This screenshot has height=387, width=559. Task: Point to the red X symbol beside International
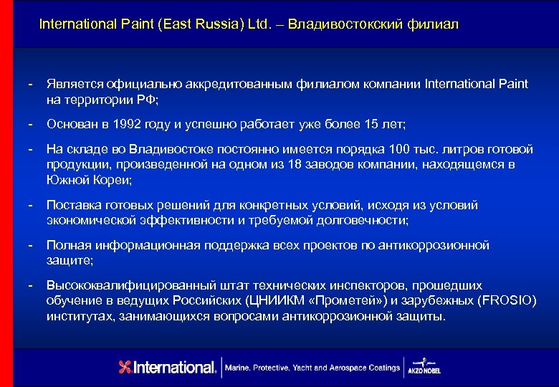(x=125, y=367)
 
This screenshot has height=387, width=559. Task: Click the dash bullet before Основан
(x=31, y=124)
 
